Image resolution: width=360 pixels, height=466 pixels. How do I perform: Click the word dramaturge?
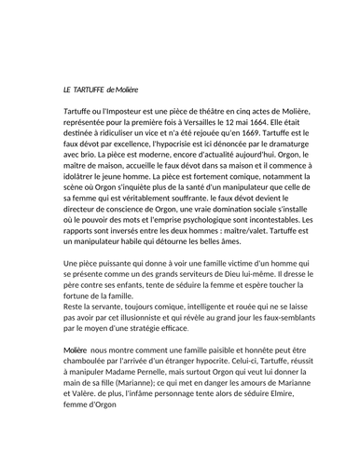291,147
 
